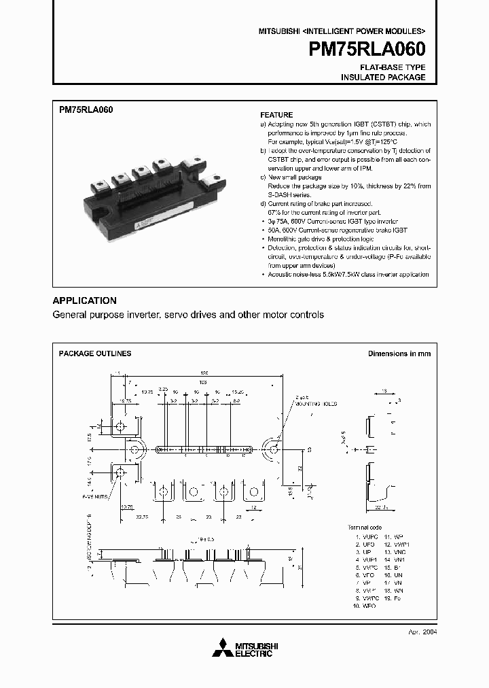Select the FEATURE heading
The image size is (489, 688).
pyautogui.click(x=276, y=115)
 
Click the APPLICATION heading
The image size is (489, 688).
pyautogui.click(x=84, y=300)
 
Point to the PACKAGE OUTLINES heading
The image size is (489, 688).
pyautogui.click(x=95, y=354)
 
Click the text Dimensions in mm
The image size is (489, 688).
pyautogui.click(x=399, y=354)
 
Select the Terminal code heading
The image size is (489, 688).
pyautogui.click(x=365, y=528)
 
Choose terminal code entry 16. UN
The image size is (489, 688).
pyautogui.click(x=394, y=575)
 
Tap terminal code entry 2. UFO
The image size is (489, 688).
pyautogui.click(x=364, y=545)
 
